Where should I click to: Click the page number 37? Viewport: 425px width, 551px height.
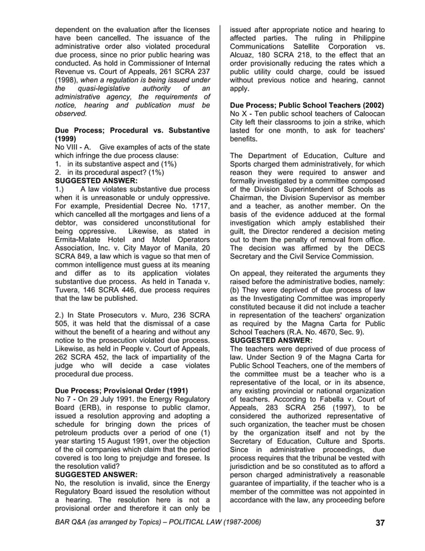click(380, 522)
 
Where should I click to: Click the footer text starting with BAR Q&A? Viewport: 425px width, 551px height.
click(158, 522)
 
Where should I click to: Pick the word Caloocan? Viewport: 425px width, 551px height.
click(366, 116)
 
